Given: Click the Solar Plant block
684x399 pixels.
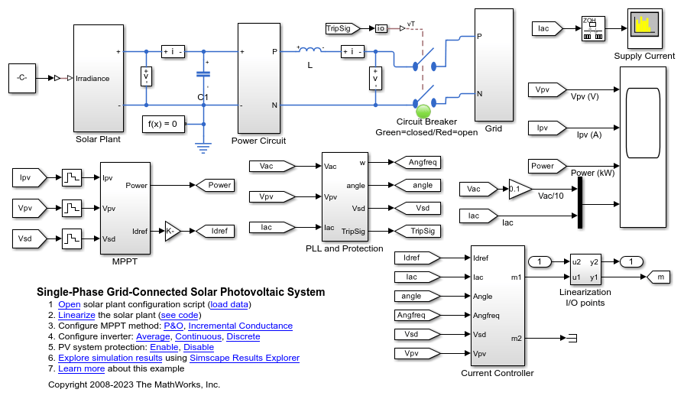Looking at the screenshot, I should pos(98,78).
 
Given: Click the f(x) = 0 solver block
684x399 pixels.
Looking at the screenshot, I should pos(164,123).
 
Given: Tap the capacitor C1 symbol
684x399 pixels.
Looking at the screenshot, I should pos(203,74).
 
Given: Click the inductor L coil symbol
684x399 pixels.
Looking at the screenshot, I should pos(310,51).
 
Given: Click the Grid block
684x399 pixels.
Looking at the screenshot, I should pos(493,65).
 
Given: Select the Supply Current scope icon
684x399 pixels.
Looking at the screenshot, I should pos(644,29).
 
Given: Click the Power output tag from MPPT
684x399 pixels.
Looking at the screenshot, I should pos(216,185).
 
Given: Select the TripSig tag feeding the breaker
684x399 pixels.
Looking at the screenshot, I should pos(342,28).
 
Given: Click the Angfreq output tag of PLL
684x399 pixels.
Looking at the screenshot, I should pos(417,162).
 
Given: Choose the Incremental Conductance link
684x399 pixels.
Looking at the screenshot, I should pos(240,326).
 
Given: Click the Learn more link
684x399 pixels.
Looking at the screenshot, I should pos(81,368).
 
